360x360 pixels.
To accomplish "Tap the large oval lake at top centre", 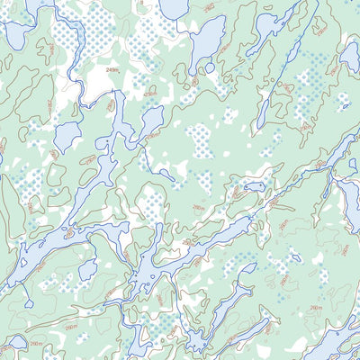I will coord(204,40).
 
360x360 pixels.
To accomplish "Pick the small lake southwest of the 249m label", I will coord(67,135).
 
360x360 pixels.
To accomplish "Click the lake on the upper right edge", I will coord(350,56).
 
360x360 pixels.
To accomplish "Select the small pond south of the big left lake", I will coord(87,270).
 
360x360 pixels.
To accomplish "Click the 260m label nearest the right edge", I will coord(316,308).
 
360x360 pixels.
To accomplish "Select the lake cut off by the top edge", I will coord(174,7).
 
